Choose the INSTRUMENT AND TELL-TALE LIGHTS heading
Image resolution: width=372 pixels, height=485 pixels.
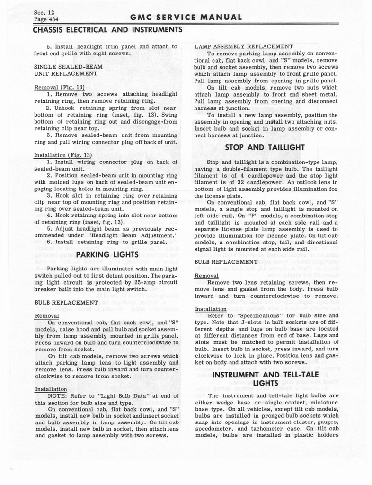tap(265, 379)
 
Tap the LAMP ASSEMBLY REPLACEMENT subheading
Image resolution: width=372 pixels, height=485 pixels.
tap(244, 46)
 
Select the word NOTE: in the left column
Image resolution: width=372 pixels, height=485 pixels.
tap(58, 395)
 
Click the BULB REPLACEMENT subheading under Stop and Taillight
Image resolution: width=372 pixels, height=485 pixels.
tap(226, 262)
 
